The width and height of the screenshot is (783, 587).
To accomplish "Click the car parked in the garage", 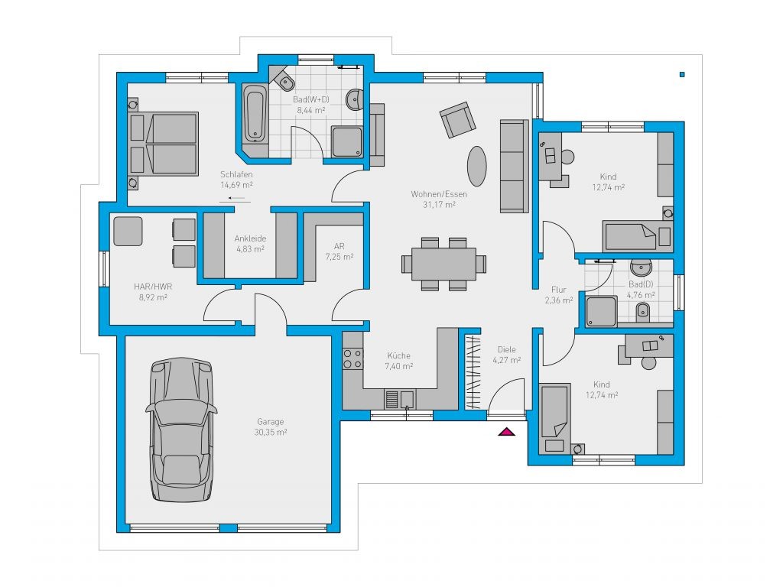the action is coord(182,430).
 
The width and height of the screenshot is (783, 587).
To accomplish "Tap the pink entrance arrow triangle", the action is coord(506,432).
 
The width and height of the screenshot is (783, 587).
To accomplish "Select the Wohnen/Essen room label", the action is coord(439,194).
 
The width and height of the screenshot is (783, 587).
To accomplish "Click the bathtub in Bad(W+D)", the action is coord(255,114).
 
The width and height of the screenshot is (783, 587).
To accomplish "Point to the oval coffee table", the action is coord(477,166).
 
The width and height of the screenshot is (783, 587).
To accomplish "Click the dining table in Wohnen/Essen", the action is coord(444,264).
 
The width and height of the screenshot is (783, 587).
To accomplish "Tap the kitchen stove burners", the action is coord(353,359).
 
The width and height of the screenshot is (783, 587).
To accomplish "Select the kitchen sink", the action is coord(401,399).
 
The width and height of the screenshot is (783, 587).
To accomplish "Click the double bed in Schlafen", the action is coord(164,143).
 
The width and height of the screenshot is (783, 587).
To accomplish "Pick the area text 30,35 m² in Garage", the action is coord(270,433).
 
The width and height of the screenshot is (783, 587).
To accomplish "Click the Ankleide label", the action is coord(250,238).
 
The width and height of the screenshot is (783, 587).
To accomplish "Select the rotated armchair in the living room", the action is coord(457,120).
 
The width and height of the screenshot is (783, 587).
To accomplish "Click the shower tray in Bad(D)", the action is coord(602,312).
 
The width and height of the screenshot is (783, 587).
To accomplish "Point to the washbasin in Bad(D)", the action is coord(642,268).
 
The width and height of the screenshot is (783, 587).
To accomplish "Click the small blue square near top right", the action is coord(682,74).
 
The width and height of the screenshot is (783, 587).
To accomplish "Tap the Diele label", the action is coord(507,349).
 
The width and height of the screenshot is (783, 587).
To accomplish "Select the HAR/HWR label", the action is coord(153,287).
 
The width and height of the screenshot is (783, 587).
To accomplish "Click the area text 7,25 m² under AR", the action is coord(340,257).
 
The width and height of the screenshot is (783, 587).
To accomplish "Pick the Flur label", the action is coord(559,290).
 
